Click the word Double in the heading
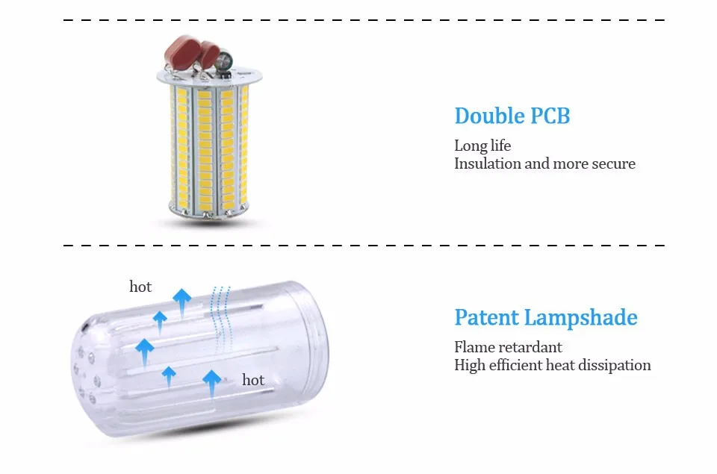(488, 116)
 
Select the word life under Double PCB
(500, 146)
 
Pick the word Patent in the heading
(486, 317)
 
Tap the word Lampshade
(581, 318)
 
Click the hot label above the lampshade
(140, 287)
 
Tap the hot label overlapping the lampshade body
(253, 380)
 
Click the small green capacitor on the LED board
(223, 60)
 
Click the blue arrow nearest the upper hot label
(181, 304)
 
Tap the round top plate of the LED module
(209, 76)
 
